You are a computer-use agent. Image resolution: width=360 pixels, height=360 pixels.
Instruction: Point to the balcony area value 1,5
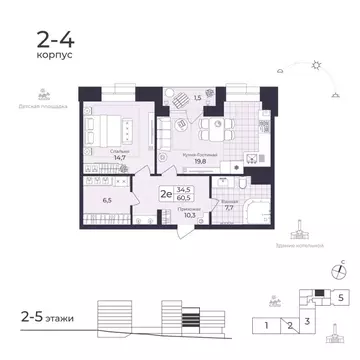pos(197,98)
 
